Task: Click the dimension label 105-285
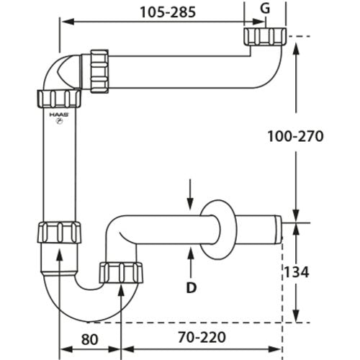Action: pos(168,12)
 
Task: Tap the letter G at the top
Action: pos(265,9)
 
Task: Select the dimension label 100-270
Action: pos(295,136)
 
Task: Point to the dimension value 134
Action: pos(296,272)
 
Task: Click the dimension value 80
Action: pos(89,339)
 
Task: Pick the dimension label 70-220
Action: pos(202,337)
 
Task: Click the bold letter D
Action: pos(192,287)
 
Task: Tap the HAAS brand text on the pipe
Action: pos(59,114)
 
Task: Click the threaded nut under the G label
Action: pos(266,36)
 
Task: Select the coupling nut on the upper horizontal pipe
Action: pos(99,71)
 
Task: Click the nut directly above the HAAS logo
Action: pos(59,99)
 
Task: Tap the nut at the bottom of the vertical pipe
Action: pos(60,233)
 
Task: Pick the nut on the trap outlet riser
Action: pos(122,273)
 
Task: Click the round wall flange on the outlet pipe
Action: pos(218,230)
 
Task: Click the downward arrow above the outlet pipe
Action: pos(190,195)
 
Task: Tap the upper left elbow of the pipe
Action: pos(63,72)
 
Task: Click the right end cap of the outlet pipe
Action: pos(279,230)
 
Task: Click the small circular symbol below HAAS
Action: pos(59,122)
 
